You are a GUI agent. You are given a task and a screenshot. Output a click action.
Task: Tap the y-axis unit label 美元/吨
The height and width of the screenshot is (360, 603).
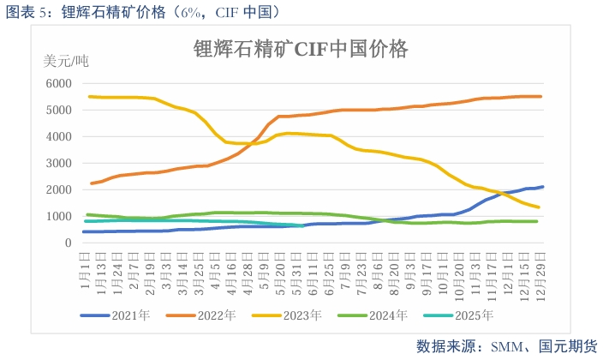pyautogui.click(x=66, y=62)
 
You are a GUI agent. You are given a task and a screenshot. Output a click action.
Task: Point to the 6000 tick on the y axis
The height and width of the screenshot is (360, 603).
pyautogui.click(x=59, y=83)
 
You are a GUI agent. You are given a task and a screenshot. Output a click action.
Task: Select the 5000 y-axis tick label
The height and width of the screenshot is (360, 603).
pyautogui.click(x=59, y=110)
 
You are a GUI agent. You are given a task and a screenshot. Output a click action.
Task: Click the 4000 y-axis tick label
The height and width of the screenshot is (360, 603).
pyautogui.click(x=59, y=136)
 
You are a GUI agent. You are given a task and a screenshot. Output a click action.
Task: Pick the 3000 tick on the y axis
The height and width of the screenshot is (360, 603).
pyautogui.click(x=59, y=163)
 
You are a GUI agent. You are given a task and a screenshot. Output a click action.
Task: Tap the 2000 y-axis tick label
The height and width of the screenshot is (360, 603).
pyautogui.click(x=59, y=189)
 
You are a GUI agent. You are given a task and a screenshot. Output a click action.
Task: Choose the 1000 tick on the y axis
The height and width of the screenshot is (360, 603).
pyautogui.click(x=59, y=216)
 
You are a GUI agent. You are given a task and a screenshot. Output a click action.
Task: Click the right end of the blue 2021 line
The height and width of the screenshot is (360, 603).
pyautogui.click(x=542, y=187)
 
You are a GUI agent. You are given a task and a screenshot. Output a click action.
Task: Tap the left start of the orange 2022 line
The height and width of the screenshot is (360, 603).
pyautogui.click(x=91, y=183)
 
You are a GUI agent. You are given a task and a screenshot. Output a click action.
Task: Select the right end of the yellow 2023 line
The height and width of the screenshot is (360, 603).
pyautogui.click(x=537, y=207)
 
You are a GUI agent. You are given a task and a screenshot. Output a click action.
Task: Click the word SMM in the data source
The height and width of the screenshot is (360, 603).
pyautogui.click(x=501, y=345)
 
